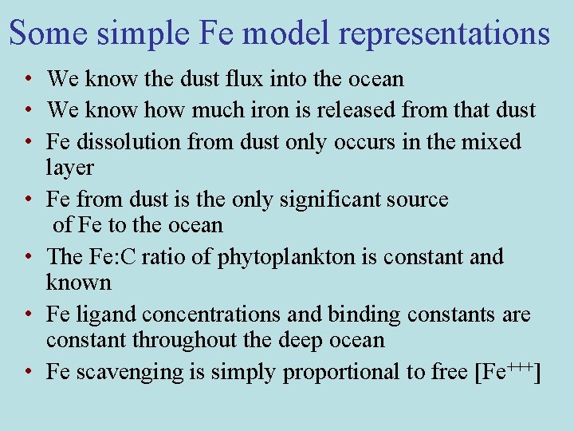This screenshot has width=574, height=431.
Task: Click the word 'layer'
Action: (x=70, y=168)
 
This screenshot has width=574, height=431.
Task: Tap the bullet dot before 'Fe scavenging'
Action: (x=28, y=372)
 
